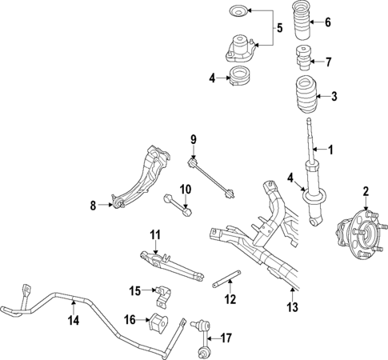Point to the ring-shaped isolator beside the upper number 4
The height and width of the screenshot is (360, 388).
click(x=238, y=78)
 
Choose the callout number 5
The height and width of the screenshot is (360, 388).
click(x=279, y=30)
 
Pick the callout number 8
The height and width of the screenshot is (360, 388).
click(x=92, y=206)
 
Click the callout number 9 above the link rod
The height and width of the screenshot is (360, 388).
click(x=193, y=141)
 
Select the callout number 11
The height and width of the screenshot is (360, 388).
click(x=157, y=234)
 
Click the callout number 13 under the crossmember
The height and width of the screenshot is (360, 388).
click(x=293, y=308)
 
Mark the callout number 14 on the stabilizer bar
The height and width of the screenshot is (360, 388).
click(x=74, y=322)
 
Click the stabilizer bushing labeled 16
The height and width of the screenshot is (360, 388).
click(x=154, y=324)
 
